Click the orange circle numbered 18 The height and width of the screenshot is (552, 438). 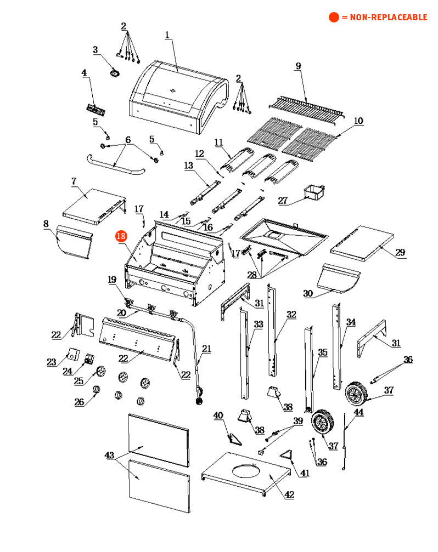121,236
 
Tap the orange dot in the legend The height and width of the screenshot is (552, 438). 334,18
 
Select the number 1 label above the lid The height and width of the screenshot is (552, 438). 167,35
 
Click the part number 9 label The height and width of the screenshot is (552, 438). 298,66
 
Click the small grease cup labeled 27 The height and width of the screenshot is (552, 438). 314,193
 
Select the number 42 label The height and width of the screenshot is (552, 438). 289,494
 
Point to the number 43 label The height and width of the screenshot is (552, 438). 110,455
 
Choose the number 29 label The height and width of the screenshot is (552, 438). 400,252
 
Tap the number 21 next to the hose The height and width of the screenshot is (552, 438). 206,348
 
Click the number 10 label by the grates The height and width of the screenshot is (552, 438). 358,121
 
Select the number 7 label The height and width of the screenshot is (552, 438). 73,180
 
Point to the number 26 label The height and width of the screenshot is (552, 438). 80,402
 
